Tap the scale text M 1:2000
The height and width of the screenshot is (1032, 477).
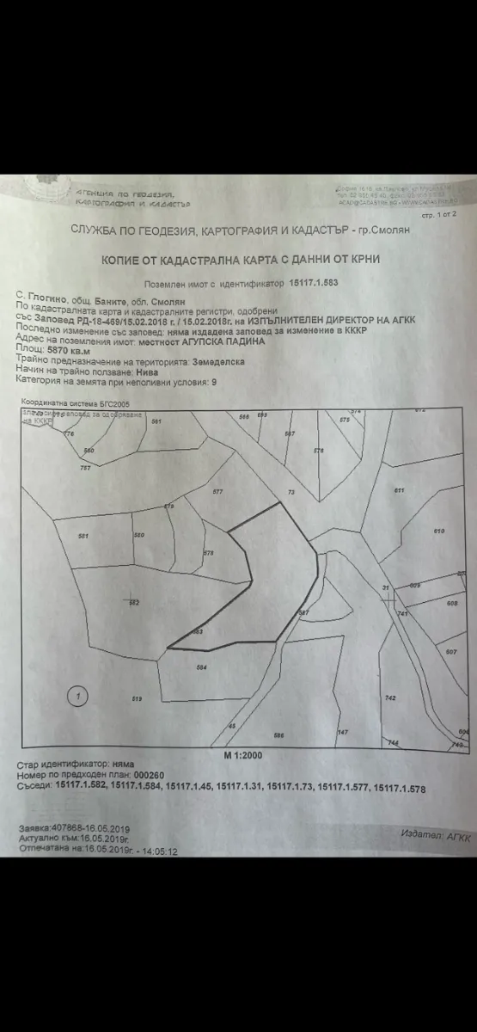click(243, 754)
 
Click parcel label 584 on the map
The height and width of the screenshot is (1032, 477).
click(201, 667)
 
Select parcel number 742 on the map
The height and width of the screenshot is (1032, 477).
click(390, 698)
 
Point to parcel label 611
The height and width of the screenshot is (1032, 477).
click(399, 490)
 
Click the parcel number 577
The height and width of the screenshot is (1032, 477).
click(217, 491)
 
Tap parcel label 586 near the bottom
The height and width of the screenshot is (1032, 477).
click(278, 735)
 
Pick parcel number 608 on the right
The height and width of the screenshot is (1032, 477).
click(452, 603)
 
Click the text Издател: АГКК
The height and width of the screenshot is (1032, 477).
click(436, 835)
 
